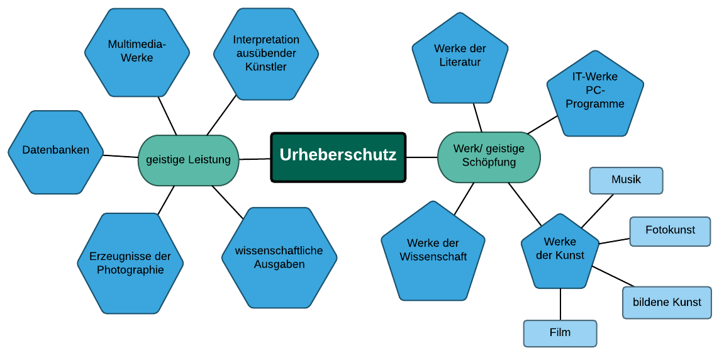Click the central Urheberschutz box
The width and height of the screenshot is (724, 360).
coord(338,157)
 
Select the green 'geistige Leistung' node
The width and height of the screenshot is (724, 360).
coord(188,160)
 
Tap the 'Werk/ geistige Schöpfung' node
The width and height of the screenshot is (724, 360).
coord(489,157)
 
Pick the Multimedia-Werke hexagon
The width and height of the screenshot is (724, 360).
coord(136,52)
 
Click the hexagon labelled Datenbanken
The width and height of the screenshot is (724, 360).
coord(55,151)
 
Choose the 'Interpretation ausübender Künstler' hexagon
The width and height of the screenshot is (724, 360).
coord(265,53)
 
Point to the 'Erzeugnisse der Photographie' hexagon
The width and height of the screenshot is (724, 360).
coord(130,263)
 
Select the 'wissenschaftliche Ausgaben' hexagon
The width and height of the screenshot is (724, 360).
coord(279,257)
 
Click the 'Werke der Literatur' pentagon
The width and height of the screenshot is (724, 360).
coord(460,59)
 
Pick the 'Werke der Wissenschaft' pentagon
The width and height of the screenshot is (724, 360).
coord(433,251)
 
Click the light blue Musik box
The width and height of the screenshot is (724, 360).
coord(626,180)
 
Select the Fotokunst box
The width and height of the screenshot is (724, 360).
coord(670,231)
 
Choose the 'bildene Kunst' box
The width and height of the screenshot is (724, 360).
coord(667,303)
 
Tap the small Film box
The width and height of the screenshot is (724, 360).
coord(560,333)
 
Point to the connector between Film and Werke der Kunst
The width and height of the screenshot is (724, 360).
coord(560,304)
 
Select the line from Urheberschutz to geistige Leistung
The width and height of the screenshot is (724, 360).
coord(255,159)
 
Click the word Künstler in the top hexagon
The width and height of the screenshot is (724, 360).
coord(265,67)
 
